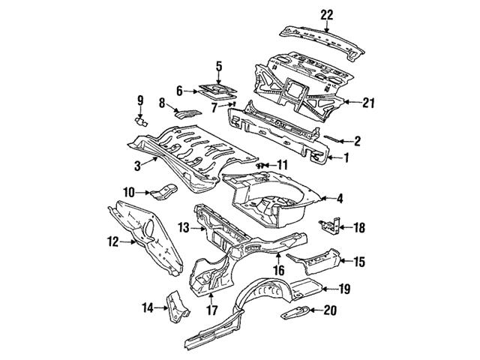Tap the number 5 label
tap(219, 67)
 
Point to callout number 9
tap(139, 100)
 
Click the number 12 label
tap(113, 241)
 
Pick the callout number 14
tap(148, 307)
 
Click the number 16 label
tap(277, 271)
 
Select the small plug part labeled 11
tap(262, 164)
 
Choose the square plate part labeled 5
tap(217, 91)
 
